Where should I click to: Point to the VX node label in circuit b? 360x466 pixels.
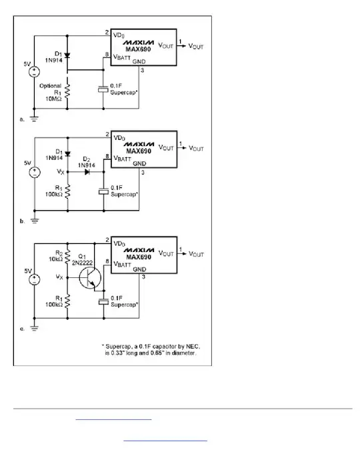tap(59, 171)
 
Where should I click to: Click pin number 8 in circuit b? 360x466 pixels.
tap(107, 157)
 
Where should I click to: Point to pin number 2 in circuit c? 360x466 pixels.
tap(107, 239)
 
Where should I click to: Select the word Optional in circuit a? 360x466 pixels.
tap(51, 85)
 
